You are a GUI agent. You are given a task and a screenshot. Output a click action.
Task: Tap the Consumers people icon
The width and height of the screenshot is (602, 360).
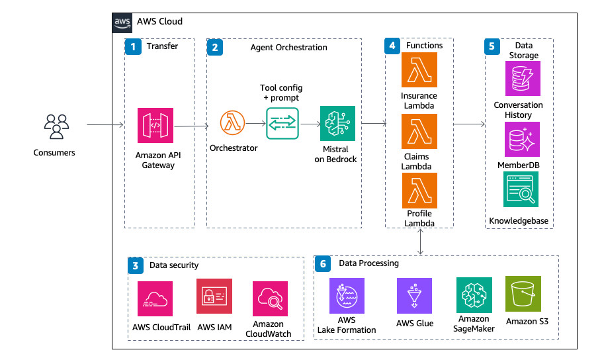pyautogui.click(x=56, y=127)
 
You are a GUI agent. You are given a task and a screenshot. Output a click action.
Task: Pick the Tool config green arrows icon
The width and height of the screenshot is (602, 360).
pyautogui.click(x=282, y=123)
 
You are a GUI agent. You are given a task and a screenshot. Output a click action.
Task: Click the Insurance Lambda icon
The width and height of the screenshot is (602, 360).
pyautogui.click(x=419, y=70)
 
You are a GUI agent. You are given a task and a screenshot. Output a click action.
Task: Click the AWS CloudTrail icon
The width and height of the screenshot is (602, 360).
pyautogui.click(x=155, y=298)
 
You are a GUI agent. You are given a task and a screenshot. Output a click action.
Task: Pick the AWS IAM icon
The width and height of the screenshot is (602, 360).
pyautogui.click(x=214, y=296)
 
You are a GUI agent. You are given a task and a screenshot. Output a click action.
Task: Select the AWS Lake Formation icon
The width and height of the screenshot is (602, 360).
pyautogui.click(x=346, y=295)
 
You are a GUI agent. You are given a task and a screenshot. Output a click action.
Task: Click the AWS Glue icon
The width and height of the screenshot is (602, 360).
pyautogui.click(x=415, y=295)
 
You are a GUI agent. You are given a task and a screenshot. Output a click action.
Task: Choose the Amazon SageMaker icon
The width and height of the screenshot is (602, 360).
pyautogui.click(x=474, y=295)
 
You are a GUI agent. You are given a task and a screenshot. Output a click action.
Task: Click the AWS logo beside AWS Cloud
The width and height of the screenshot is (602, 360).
pyautogui.click(x=122, y=22)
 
